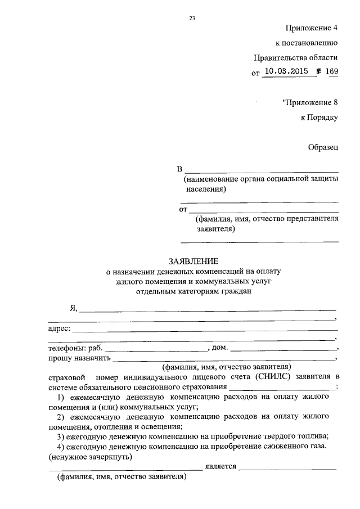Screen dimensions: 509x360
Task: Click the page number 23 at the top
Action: (192, 18)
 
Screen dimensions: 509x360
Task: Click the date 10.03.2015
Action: (285, 71)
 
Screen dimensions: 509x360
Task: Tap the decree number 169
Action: (330, 71)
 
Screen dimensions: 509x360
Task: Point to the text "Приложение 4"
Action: (312, 28)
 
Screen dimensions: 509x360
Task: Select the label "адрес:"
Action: (59, 328)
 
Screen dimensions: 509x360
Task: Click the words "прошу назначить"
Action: (79, 358)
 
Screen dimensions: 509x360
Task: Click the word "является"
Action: (220, 466)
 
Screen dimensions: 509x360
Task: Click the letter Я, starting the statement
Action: (73, 308)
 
